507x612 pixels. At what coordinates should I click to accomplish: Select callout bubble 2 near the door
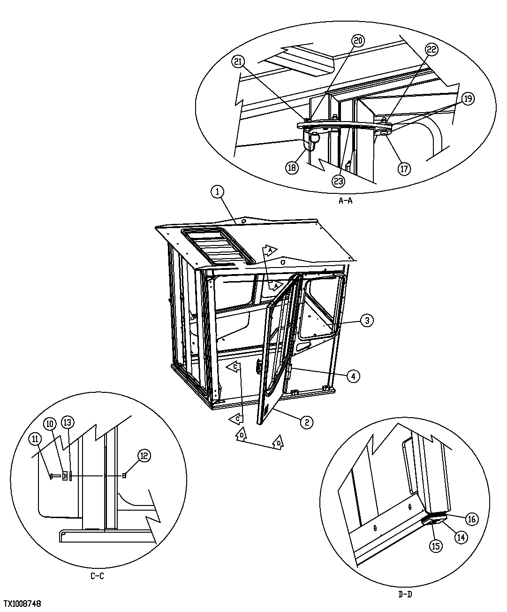pos(306,422)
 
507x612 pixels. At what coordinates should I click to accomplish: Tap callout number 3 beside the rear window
pos(367,321)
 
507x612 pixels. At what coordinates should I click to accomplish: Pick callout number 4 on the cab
pos(354,375)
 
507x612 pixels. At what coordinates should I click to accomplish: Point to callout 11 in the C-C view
pos(35,439)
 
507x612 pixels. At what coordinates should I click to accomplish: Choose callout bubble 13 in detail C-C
pos(68,422)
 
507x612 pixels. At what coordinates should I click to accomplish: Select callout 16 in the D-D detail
pos(471,519)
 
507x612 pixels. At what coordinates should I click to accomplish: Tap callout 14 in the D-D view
pos(461,537)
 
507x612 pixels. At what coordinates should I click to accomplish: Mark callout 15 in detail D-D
pos(436,546)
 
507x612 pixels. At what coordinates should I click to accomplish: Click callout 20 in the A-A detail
pos(358,41)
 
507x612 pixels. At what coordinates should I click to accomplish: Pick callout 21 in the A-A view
pos(238,62)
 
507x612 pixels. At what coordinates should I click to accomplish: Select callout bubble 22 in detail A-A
pos(432,49)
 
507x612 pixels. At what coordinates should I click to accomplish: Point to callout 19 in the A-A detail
pos(468,99)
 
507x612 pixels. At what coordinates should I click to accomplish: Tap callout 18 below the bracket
pos(292,168)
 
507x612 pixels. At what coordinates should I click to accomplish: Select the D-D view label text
pos(405,594)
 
